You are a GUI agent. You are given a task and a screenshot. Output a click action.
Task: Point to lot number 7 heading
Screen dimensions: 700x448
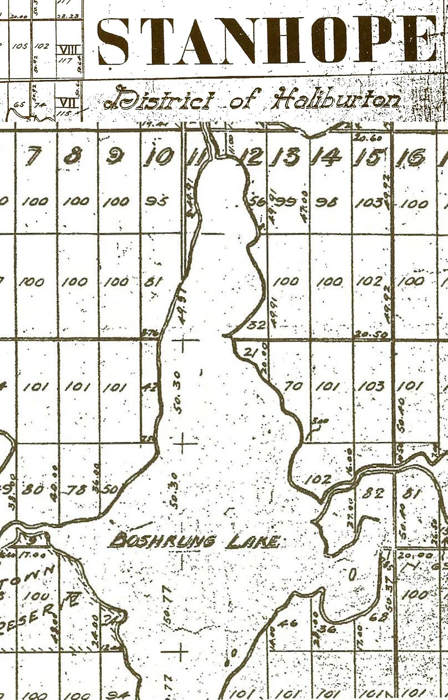tap(34, 157)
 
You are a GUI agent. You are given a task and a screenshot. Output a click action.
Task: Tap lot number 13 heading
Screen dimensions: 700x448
tap(287, 157)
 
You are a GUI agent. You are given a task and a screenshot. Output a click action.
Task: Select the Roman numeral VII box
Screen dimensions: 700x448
tap(64, 103)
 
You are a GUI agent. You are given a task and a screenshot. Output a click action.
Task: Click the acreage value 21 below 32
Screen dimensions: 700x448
tap(250, 353)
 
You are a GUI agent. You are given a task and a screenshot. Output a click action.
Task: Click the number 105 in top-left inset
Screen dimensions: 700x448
tap(19, 46)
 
